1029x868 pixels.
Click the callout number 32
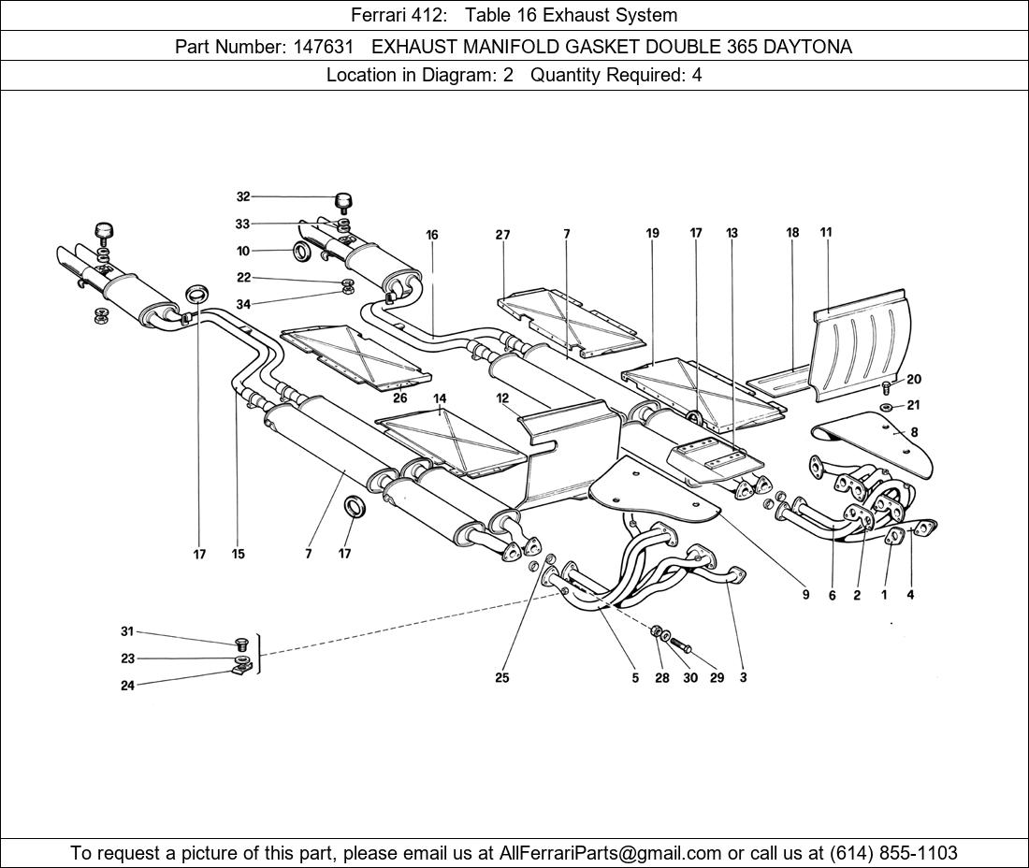pyautogui.click(x=243, y=196)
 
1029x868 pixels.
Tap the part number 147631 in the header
pyautogui.click(x=323, y=47)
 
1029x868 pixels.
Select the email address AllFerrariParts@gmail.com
pyautogui.click(x=611, y=853)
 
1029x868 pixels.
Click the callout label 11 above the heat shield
pyautogui.click(x=826, y=232)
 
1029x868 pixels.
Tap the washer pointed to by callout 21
pyautogui.click(x=886, y=408)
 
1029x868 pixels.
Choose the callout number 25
pyautogui.click(x=502, y=678)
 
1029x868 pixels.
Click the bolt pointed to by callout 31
pyautogui.click(x=241, y=644)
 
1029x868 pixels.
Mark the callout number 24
pyautogui.click(x=127, y=686)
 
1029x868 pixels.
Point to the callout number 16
pyautogui.click(x=432, y=235)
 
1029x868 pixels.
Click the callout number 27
pyautogui.click(x=503, y=235)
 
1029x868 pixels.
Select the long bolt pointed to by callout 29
pyautogui.click(x=682, y=646)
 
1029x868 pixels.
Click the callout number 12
pyautogui.click(x=502, y=398)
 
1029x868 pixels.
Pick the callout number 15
pyautogui.click(x=239, y=554)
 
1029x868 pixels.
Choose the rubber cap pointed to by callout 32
pyautogui.click(x=342, y=201)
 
